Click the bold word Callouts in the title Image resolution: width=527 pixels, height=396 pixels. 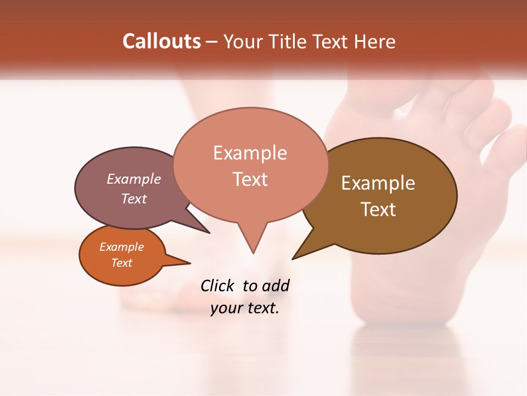pos(161,41)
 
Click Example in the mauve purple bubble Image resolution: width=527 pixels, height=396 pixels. pos(134,179)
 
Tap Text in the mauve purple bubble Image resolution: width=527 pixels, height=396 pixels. pos(134,199)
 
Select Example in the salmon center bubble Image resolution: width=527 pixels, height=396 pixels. pos(250,153)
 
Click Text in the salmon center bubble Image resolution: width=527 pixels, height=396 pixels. pos(250,179)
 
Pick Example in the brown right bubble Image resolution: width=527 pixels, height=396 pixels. pos(378,183)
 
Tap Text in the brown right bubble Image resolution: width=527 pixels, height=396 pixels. pos(378,209)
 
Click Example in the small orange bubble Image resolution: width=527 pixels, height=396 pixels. pos(121,247)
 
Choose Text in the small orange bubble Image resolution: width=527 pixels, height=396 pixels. pos(121,263)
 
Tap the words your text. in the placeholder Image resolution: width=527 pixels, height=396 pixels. pos(245,308)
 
